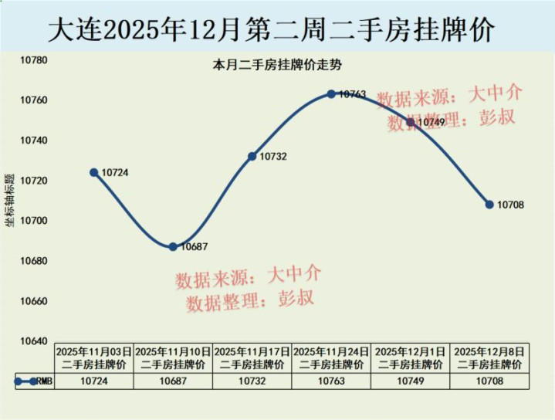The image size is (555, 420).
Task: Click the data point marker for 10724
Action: (x=94, y=172)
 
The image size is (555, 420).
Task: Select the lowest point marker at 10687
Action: (x=173, y=246)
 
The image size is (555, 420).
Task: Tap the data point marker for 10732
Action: (x=252, y=156)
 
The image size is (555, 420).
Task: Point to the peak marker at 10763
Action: (x=331, y=94)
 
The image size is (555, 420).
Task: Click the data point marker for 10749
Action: (x=411, y=122)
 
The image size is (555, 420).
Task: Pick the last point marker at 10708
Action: (x=489, y=205)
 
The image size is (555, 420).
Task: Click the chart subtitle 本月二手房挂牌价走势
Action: (x=277, y=66)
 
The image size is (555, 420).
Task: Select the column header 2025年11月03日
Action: (x=94, y=357)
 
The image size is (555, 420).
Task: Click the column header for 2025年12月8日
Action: (x=489, y=357)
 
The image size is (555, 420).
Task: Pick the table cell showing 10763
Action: (x=331, y=381)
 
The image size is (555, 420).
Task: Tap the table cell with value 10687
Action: (x=173, y=381)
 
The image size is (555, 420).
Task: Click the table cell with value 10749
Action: (x=411, y=381)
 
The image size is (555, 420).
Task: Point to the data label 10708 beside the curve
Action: (x=511, y=205)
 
